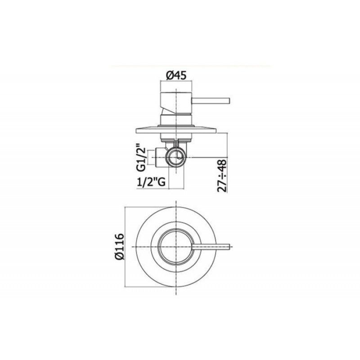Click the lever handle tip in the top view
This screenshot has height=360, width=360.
click(229, 246)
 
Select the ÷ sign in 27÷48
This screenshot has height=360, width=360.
click(222, 175)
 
